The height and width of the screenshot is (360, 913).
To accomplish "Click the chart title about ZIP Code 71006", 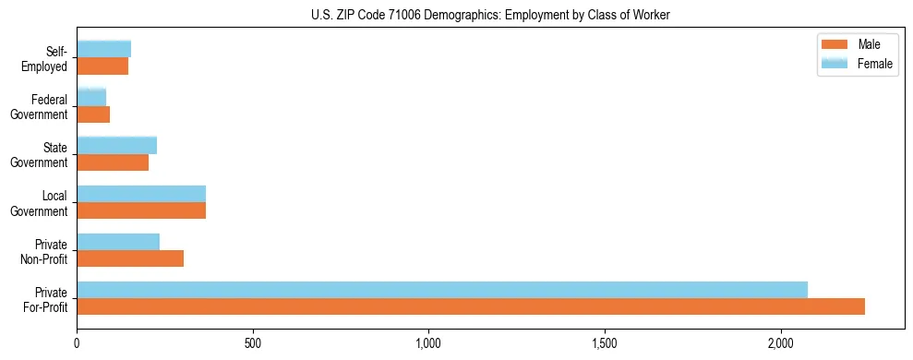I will pyautogui.click(x=456, y=15).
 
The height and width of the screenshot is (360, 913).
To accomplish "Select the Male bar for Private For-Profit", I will pyautogui.click(x=471, y=306).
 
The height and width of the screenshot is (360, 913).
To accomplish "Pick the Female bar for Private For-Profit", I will pyautogui.click(x=442, y=290).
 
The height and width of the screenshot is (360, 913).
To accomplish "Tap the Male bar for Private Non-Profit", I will pyautogui.click(x=130, y=258).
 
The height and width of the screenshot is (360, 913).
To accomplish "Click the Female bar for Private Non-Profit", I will pyautogui.click(x=118, y=242).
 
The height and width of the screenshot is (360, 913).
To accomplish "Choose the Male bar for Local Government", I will pyautogui.click(x=141, y=210).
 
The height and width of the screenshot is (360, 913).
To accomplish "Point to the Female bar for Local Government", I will pyautogui.click(x=141, y=194).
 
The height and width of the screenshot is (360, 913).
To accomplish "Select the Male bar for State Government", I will pyautogui.click(x=113, y=162).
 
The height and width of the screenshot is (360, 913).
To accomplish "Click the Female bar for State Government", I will pyautogui.click(x=117, y=146).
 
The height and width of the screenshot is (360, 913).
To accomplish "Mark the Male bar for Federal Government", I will pyautogui.click(x=93, y=114).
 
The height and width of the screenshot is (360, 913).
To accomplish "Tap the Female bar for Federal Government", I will pyautogui.click(x=91, y=98).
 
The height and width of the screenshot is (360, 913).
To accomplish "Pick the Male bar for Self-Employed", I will pyautogui.click(x=102, y=66).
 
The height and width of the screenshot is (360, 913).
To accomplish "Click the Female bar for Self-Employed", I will pyautogui.click(x=104, y=50).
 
